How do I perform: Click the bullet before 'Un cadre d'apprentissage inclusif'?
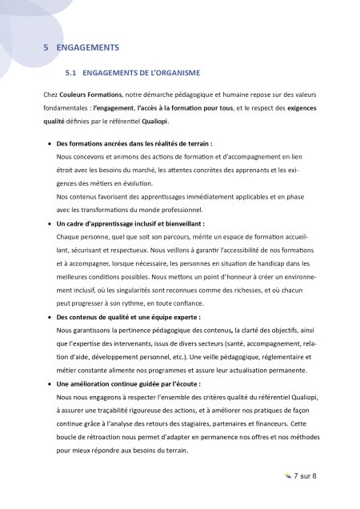tap(50, 224)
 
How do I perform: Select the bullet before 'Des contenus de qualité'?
tap(50, 317)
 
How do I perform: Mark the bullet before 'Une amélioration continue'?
tap(50, 384)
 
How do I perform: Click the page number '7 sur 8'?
tap(306, 477)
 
